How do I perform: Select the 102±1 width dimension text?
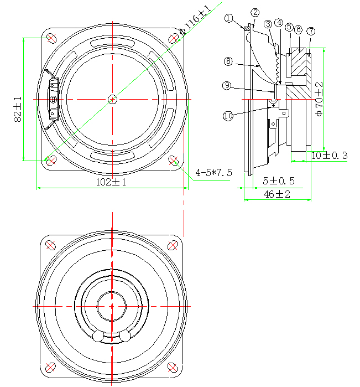(x=111, y=182)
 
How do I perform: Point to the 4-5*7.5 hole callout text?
(x=213, y=173)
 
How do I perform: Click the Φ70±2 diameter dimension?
(x=319, y=99)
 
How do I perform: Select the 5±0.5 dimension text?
(x=279, y=181)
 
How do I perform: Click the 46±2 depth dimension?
(x=278, y=194)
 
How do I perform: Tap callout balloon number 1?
(x=229, y=18)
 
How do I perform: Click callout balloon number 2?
(x=255, y=12)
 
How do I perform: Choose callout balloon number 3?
(x=268, y=24)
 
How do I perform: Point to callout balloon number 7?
(x=311, y=30)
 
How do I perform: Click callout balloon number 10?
(x=228, y=116)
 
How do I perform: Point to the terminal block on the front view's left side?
(x=53, y=99)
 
